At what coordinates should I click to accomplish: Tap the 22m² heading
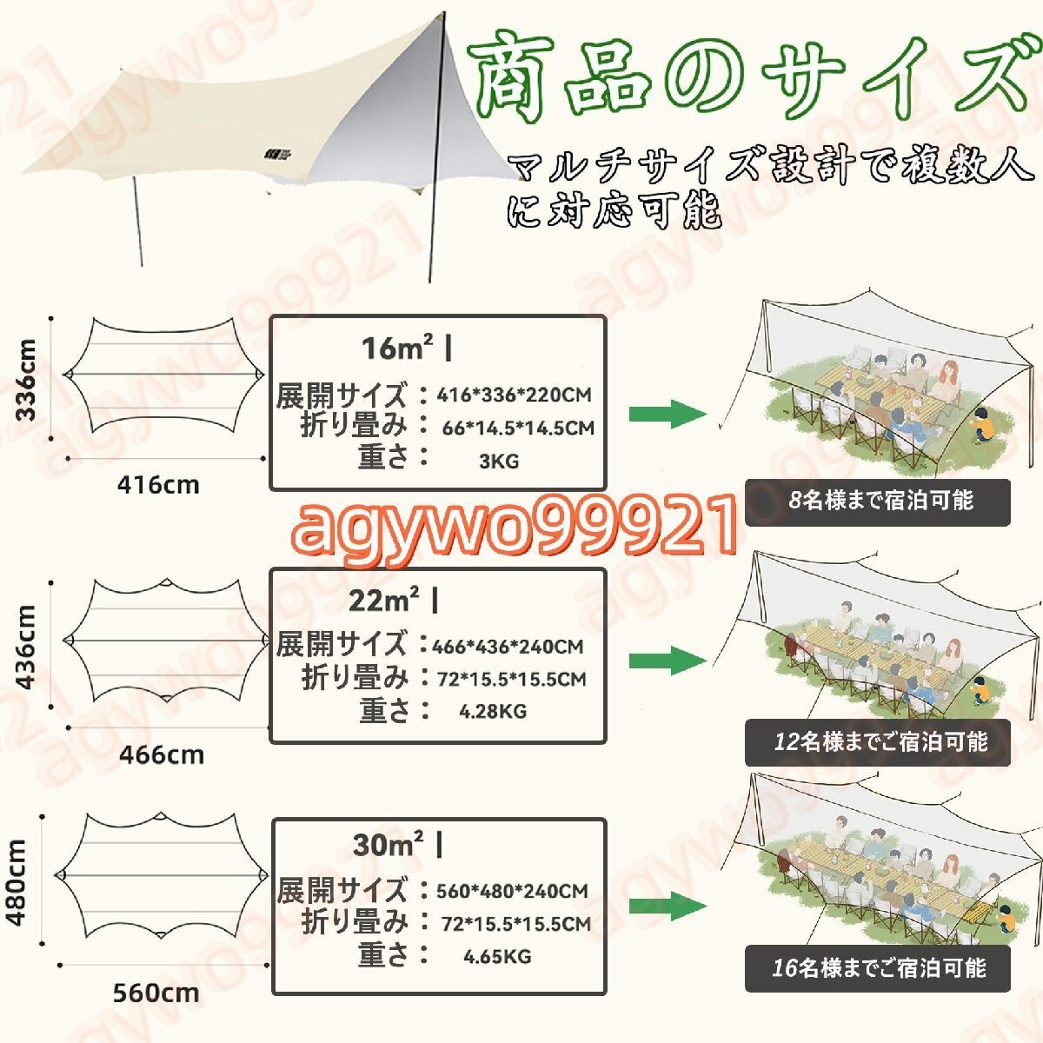(x=385, y=600)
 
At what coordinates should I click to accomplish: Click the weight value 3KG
(x=499, y=461)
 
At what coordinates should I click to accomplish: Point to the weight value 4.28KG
(x=493, y=711)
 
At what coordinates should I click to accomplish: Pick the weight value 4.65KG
(x=497, y=957)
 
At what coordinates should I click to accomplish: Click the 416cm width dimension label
(x=158, y=484)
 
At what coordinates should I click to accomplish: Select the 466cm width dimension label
(x=162, y=754)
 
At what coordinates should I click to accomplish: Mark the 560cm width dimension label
(x=156, y=993)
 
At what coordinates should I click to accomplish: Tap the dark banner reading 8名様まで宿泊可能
(x=878, y=502)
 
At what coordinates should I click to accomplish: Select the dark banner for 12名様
(x=878, y=742)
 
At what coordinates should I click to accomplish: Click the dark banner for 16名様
(x=878, y=968)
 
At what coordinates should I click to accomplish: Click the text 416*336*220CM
(x=514, y=395)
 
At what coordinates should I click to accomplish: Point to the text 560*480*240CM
(x=513, y=891)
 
